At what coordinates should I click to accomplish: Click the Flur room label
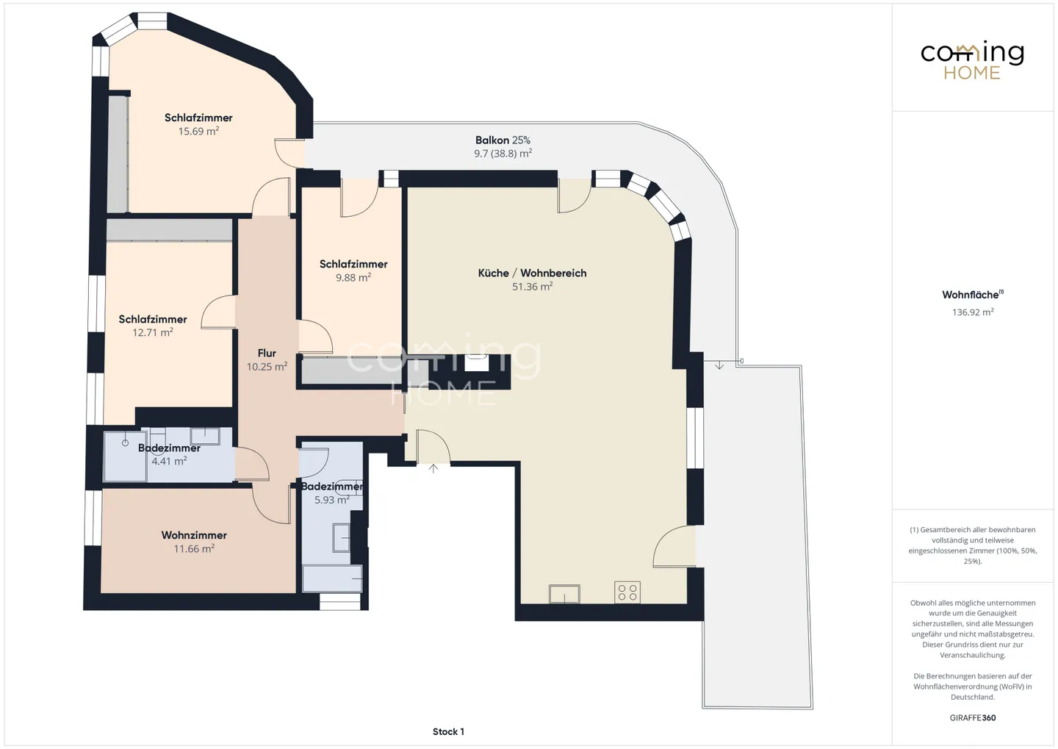[x=267, y=353]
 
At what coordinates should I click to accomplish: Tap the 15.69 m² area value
[x=198, y=131]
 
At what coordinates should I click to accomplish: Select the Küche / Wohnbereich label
[x=532, y=273]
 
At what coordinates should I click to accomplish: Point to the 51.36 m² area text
[x=532, y=287]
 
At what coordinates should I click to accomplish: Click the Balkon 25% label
[x=503, y=140]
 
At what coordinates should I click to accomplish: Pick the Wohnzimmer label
[x=194, y=535]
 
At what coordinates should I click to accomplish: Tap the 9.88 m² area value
[x=353, y=277]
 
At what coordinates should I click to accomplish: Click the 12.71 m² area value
[x=153, y=332]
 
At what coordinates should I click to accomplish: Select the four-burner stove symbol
[x=627, y=592]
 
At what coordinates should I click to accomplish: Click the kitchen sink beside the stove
[x=564, y=594]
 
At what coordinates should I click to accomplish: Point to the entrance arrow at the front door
[x=433, y=468]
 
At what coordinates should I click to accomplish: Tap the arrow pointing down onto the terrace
[x=719, y=365]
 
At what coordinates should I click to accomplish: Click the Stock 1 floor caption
[x=448, y=731]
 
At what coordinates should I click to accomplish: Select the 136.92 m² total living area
[x=973, y=312]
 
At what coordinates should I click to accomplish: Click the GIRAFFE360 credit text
[x=973, y=718]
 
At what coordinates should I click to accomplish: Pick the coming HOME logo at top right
[x=972, y=61]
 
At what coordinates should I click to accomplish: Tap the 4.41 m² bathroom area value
[x=169, y=460]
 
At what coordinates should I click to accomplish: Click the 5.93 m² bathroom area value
[x=332, y=500]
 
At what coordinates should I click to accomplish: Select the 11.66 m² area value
[x=194, y=548]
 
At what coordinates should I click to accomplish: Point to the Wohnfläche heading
[x=973, y=295]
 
